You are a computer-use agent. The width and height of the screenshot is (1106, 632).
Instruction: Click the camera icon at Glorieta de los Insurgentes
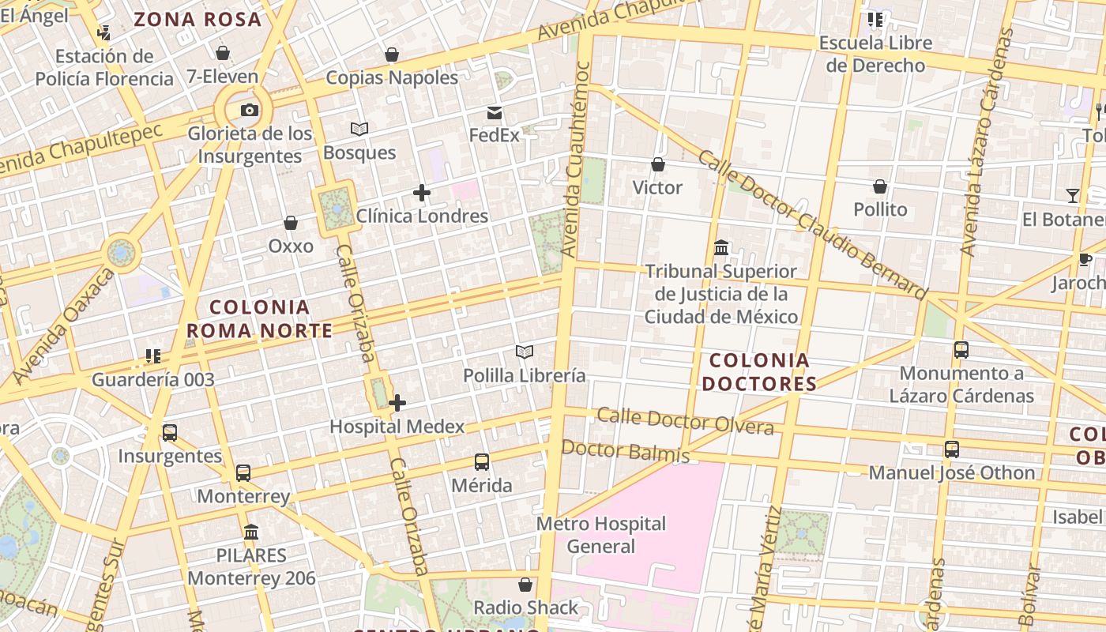coord(250,110)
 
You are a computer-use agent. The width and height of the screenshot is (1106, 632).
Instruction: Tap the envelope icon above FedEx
coord(495,112)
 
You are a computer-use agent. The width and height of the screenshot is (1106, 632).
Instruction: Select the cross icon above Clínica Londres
coord(422,192)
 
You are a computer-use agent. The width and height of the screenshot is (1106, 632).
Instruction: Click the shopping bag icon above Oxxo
coord(291,223)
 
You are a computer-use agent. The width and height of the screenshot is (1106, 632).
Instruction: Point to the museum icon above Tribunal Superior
coord(721,248)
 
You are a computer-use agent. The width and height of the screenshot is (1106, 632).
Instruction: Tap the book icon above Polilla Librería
coord(525,352)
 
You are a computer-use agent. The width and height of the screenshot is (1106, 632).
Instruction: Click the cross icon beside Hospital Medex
coord(397,403)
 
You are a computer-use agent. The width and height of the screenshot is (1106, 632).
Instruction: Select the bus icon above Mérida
coord(482,462)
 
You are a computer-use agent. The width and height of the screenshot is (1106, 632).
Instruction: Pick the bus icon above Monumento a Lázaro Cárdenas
coord(961,349)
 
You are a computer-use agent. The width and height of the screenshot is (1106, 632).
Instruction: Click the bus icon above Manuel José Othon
coord(952,450)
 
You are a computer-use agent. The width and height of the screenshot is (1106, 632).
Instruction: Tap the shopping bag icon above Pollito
coord(880,186)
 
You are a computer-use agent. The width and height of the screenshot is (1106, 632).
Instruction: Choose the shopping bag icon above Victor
coord(657,164)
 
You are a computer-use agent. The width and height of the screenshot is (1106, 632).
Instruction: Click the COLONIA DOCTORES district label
coord(758,372)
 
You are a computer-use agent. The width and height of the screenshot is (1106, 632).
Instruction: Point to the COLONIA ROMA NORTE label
coord(260,318)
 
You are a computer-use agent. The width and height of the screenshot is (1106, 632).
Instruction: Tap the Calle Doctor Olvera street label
coord(684,421)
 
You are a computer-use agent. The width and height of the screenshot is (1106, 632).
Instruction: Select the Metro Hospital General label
coord(601,535)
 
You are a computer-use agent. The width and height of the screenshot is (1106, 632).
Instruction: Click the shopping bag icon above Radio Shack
coord(525,585)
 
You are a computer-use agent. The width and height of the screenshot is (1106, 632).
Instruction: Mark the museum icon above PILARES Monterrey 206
coord(251,532)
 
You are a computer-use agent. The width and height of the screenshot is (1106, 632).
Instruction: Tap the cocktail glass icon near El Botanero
coord(1073,196)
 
